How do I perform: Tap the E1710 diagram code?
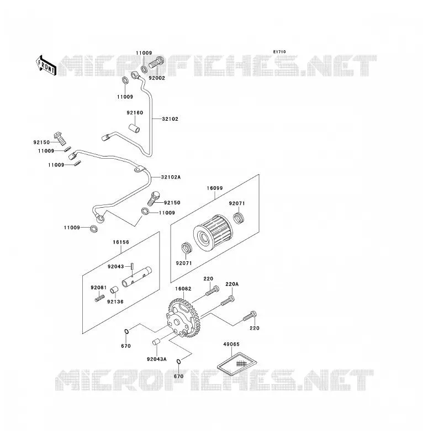279,52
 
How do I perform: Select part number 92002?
157,78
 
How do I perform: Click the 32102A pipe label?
171,177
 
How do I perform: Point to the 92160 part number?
135,112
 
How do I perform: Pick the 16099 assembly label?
215,188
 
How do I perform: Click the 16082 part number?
183,289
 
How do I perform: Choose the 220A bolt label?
232,284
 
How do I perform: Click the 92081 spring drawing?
100,298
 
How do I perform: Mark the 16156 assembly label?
121,242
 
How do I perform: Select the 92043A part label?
157,359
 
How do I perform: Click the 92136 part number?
115,302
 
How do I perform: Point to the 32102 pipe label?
170,119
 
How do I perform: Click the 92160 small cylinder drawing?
134,128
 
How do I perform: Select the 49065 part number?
231,344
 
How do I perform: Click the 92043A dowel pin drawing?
156,342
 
